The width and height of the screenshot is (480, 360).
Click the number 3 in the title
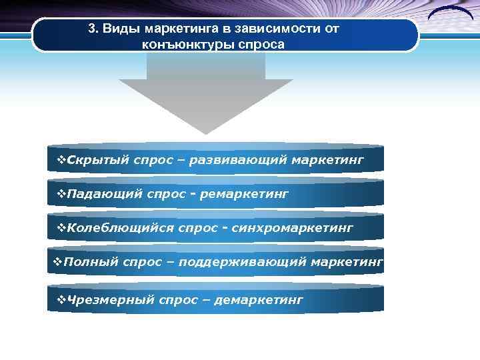coord(92,30)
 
